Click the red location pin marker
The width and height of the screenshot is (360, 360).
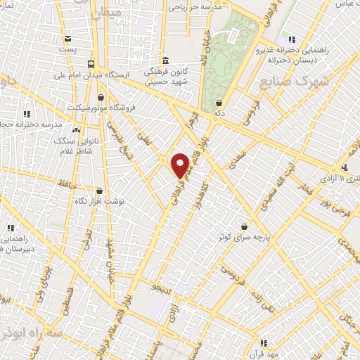coord(180,165)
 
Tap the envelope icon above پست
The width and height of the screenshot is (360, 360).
coord(67,39)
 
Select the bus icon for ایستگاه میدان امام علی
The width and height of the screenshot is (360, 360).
coord(91,64)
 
